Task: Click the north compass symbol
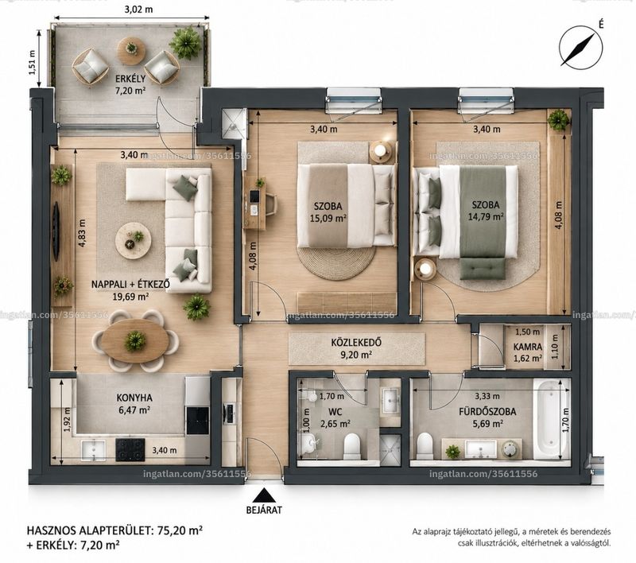pos(580,46)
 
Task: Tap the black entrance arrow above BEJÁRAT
pos(265,495)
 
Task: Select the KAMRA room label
pos(528,347)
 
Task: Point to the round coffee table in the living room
pos(134,239)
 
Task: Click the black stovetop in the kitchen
pos(130,450)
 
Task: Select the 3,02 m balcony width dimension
pos(138,9)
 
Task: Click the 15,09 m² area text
pos(328,218)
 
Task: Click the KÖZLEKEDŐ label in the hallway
pos(356,343)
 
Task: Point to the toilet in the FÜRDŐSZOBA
pos(425,445)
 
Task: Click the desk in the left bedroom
pos(254,204)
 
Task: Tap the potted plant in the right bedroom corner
pos(559,119)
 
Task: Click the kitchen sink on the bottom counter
pos(93,451)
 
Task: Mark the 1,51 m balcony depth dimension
pos(33,62)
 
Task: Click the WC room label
pos(335,412)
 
